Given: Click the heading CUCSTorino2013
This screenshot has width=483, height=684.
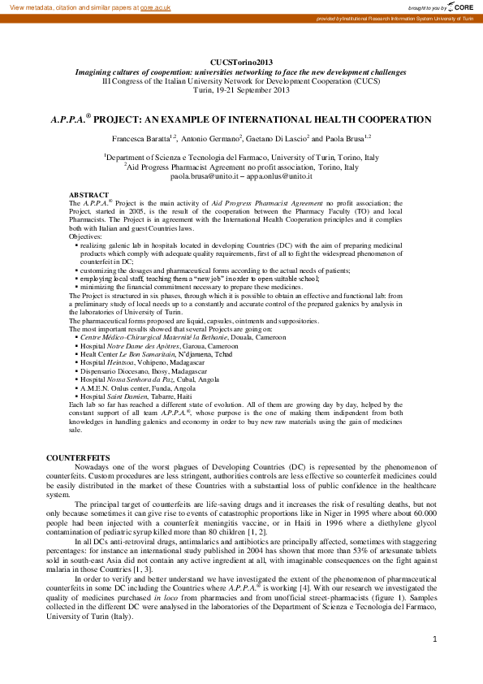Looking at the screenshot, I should pos(241,63).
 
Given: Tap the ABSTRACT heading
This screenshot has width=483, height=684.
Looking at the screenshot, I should pos(89,196).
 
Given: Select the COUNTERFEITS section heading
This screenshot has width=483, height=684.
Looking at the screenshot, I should pos(78,458).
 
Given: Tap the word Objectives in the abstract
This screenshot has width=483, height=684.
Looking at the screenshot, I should pos(86,236).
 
